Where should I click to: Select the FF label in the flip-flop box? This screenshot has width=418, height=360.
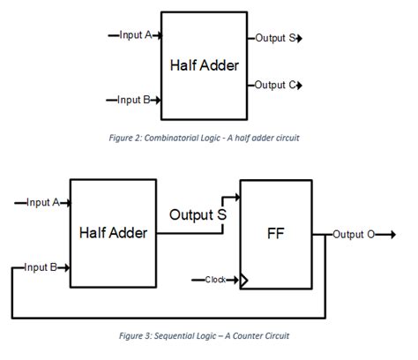point(275,236)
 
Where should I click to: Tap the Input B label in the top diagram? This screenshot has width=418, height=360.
point(136,100)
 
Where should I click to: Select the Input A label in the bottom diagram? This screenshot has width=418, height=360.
point(42,202)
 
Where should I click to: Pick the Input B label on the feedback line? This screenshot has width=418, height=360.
point(41,266)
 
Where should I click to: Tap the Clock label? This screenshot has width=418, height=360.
point(216,280)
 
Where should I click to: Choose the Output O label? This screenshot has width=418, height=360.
point(355,235)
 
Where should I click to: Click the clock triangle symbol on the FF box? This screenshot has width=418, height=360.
point(244,281)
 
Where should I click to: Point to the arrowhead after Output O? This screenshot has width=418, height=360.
point(384,235)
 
